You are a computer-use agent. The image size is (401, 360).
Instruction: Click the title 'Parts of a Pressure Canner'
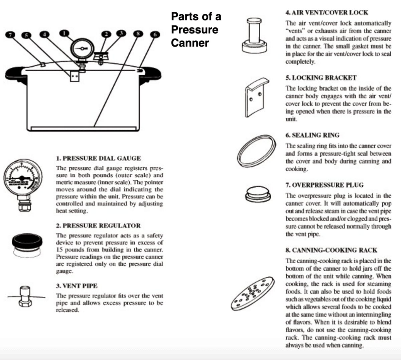coord(196,29)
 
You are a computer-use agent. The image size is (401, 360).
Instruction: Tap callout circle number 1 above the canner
coord(65,33)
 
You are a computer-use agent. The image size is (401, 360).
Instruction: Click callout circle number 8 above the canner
coord(137,33)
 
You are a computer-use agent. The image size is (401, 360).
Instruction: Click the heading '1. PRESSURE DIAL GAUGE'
coord(98,158)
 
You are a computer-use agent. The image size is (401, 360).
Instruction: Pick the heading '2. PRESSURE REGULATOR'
coord(98,226)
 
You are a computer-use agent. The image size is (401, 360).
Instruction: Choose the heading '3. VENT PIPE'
coord(77,286)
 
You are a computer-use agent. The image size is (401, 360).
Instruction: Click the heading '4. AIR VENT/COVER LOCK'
coord(326,13)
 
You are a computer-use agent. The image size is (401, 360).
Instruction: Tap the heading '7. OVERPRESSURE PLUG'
coord(324,185)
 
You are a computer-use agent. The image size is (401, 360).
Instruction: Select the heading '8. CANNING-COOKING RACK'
coord(331,250)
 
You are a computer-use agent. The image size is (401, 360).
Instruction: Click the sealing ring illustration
coord(257,151)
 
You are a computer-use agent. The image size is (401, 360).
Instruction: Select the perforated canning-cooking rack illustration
coord(253,293)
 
